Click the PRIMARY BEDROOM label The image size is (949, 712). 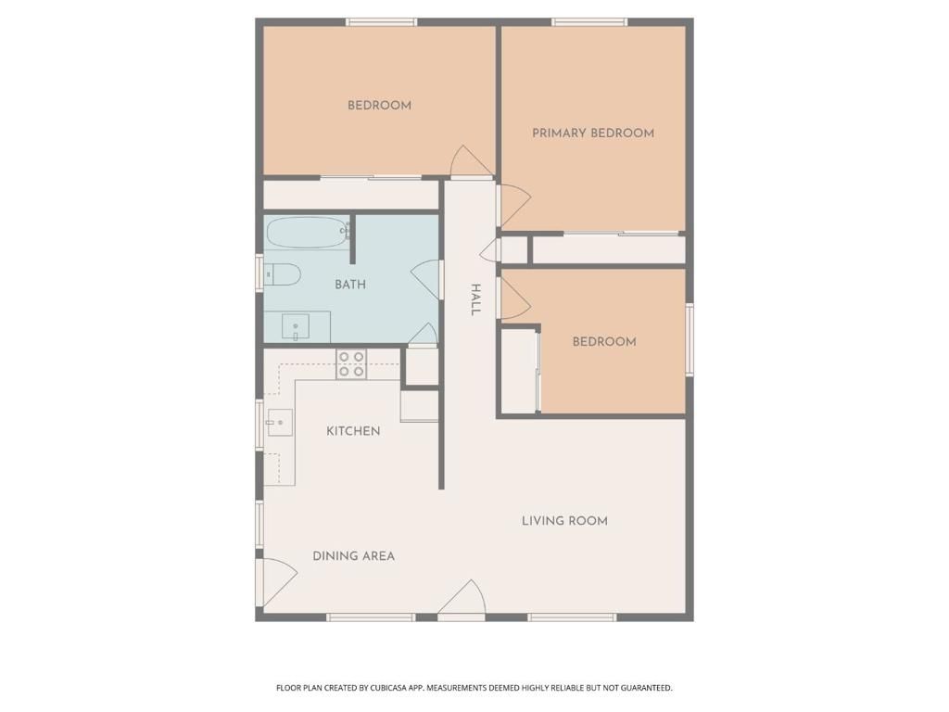592,133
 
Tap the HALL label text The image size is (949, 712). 474,299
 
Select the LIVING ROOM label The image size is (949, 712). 564,521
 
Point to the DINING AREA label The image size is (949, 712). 353,556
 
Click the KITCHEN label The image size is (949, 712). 353,431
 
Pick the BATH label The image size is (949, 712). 349,285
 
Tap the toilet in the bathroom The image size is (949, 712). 282,273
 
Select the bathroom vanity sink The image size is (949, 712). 296,326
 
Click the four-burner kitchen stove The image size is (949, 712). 351,364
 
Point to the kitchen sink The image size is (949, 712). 279,423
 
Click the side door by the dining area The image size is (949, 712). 277,581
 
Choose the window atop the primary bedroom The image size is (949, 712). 589,21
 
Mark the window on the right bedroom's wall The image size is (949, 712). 689,339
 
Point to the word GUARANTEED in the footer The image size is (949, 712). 641,688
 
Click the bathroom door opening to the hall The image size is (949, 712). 427,279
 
